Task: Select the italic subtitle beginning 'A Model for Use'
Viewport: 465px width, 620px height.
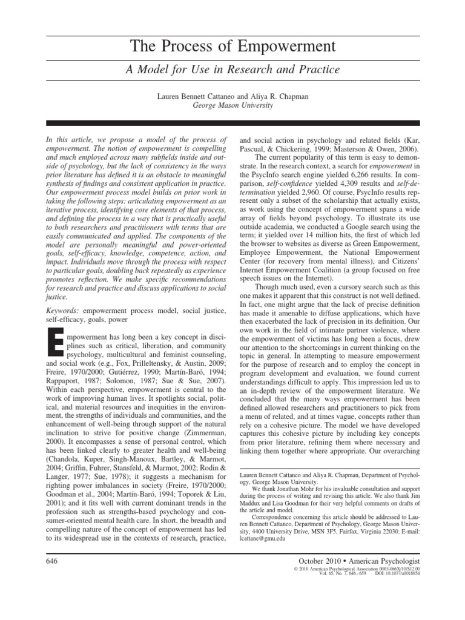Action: (232, 70)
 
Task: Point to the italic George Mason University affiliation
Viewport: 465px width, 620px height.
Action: (232, 105)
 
